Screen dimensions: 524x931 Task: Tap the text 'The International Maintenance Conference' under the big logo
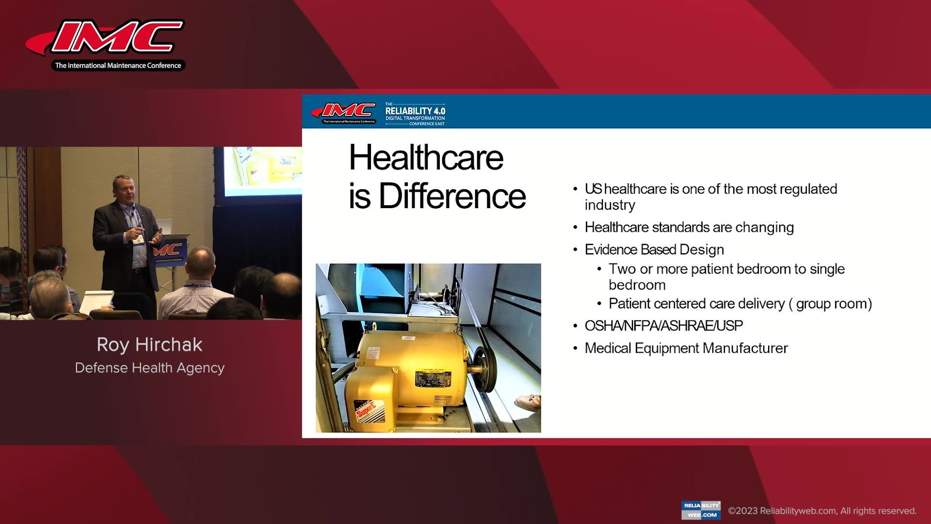click(x=118, y=65)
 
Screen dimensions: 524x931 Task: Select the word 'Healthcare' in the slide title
click(x=426, y=158)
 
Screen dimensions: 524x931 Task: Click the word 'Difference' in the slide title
click(x=452, y=196)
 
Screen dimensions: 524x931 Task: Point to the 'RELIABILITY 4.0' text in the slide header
click(x=415, y=111)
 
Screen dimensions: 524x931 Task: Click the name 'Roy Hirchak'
click(x=149, y=344)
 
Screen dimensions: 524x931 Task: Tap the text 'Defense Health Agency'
click(x=149, y=368)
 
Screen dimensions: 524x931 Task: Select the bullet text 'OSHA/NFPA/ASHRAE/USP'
click(x=663, y=326)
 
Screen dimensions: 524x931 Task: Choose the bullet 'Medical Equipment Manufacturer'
click(x=686, y=348)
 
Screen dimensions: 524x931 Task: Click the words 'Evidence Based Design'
click(x=654, y=249)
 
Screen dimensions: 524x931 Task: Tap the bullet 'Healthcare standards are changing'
click(x=689, y=227)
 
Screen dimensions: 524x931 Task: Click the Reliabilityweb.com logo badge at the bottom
click(x=701, y=510)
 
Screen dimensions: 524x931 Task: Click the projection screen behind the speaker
click(x=262, y=170)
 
